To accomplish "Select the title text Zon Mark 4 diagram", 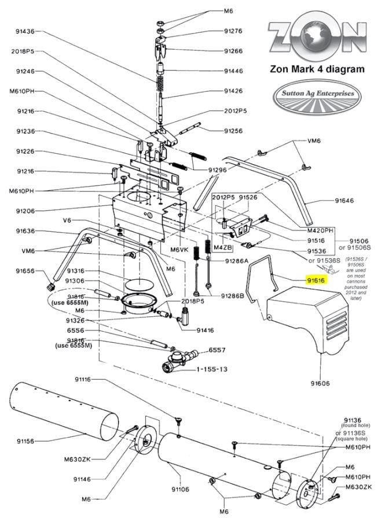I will (x=317, y=69).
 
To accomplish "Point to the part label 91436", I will (x=25, y=31).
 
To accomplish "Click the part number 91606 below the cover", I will (x=320, y=383).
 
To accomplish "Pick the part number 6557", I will (x=217, y=350).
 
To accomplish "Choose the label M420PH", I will (x=320, y=230).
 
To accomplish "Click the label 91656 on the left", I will (x=25, y=271).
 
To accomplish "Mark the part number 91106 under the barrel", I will (x=179, y=489).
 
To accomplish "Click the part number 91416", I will (x=206, y=330).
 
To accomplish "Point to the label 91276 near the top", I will (x=233, y=31).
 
